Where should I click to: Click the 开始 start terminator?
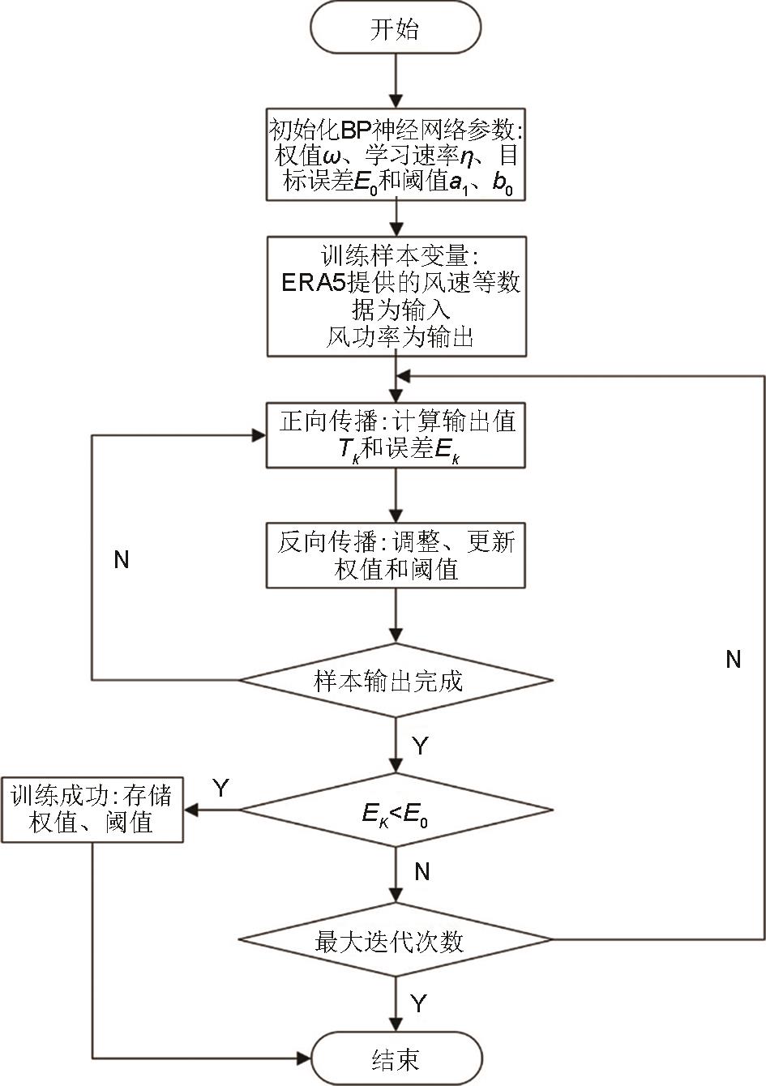click(x=396, y=29)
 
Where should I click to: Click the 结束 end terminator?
click(x=396, y=1058)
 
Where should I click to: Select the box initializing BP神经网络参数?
click(x=396, y=155)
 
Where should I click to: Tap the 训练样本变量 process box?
click(x=396, y=296)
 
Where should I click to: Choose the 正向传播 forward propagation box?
click(x=396, y=435)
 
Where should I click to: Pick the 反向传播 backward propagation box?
click(x=396, y=554)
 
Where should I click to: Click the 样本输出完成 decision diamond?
click(x=396, y=681)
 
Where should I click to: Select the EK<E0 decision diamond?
click(x=396, y=810)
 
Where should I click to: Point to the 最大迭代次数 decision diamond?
click(x=396, y=940)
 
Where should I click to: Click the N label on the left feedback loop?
click(x=122, y=560)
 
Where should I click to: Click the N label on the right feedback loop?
click(x=734, y=660)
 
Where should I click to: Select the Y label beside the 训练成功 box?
click(x=220, y=787)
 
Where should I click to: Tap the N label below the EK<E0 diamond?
click(x=422, y=872)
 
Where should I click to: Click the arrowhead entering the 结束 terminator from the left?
click(x=304, y=1058)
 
